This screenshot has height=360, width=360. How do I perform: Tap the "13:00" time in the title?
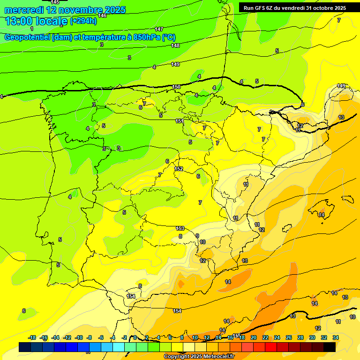point(19,21)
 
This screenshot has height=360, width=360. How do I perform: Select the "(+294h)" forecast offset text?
point(83,21)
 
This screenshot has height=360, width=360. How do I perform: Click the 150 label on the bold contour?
point(176,87)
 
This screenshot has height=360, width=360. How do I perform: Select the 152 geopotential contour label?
point(179,169)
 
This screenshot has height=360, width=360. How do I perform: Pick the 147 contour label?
point(159,29)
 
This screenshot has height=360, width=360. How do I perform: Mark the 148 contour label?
point(175,45)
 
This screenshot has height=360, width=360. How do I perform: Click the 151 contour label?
point(180,121)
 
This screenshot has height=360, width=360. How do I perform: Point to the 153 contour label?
point(180,228)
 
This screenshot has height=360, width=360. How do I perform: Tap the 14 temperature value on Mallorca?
point(321,215)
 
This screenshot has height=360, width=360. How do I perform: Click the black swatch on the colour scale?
point(330,347)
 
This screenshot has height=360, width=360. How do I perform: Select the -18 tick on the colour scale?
point(32,337)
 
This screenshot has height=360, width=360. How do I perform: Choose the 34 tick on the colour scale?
point(335,337)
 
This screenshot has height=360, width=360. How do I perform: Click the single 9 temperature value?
point(197,236)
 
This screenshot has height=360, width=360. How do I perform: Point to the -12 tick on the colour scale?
point(67,337)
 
